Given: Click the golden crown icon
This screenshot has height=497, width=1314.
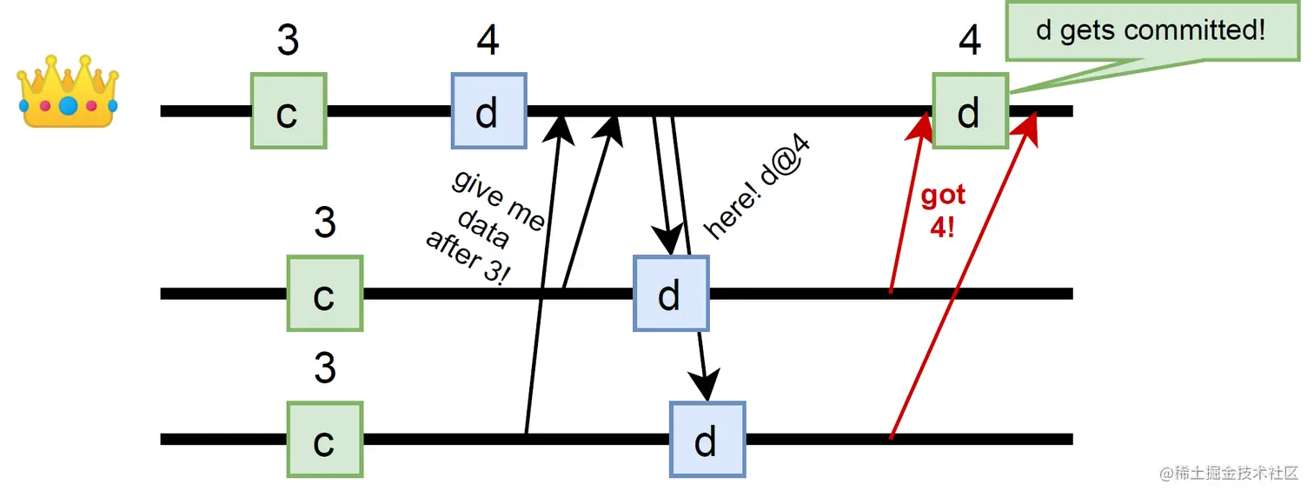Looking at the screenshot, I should click(68, 91).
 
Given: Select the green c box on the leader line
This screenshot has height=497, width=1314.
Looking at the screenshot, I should click(288, 111).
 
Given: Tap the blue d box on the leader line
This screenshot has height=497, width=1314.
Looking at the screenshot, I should click(488, 111).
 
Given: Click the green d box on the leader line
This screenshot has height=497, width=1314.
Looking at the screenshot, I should click(970, 111).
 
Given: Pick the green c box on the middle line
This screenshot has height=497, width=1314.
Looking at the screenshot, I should click(324, 294).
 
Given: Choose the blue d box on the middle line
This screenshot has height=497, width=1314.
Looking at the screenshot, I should click(670, 294).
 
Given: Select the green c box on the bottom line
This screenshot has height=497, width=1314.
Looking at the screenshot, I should click(324, 439).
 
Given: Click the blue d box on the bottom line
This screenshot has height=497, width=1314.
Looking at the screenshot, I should click(707, 439).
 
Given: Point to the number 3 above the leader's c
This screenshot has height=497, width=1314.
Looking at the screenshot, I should click(288, 40).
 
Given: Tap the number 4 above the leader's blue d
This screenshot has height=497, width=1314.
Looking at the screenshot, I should click(488, 40).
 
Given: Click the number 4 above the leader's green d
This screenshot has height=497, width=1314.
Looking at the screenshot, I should click(970, 40).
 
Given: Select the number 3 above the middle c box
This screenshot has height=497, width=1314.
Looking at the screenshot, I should click(324, 223).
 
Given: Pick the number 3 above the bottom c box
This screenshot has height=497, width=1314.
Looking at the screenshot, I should click(324, 368).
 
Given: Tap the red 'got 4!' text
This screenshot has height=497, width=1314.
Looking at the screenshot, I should click(943, 212).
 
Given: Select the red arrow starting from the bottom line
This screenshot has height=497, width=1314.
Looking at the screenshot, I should click(960, 278).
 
